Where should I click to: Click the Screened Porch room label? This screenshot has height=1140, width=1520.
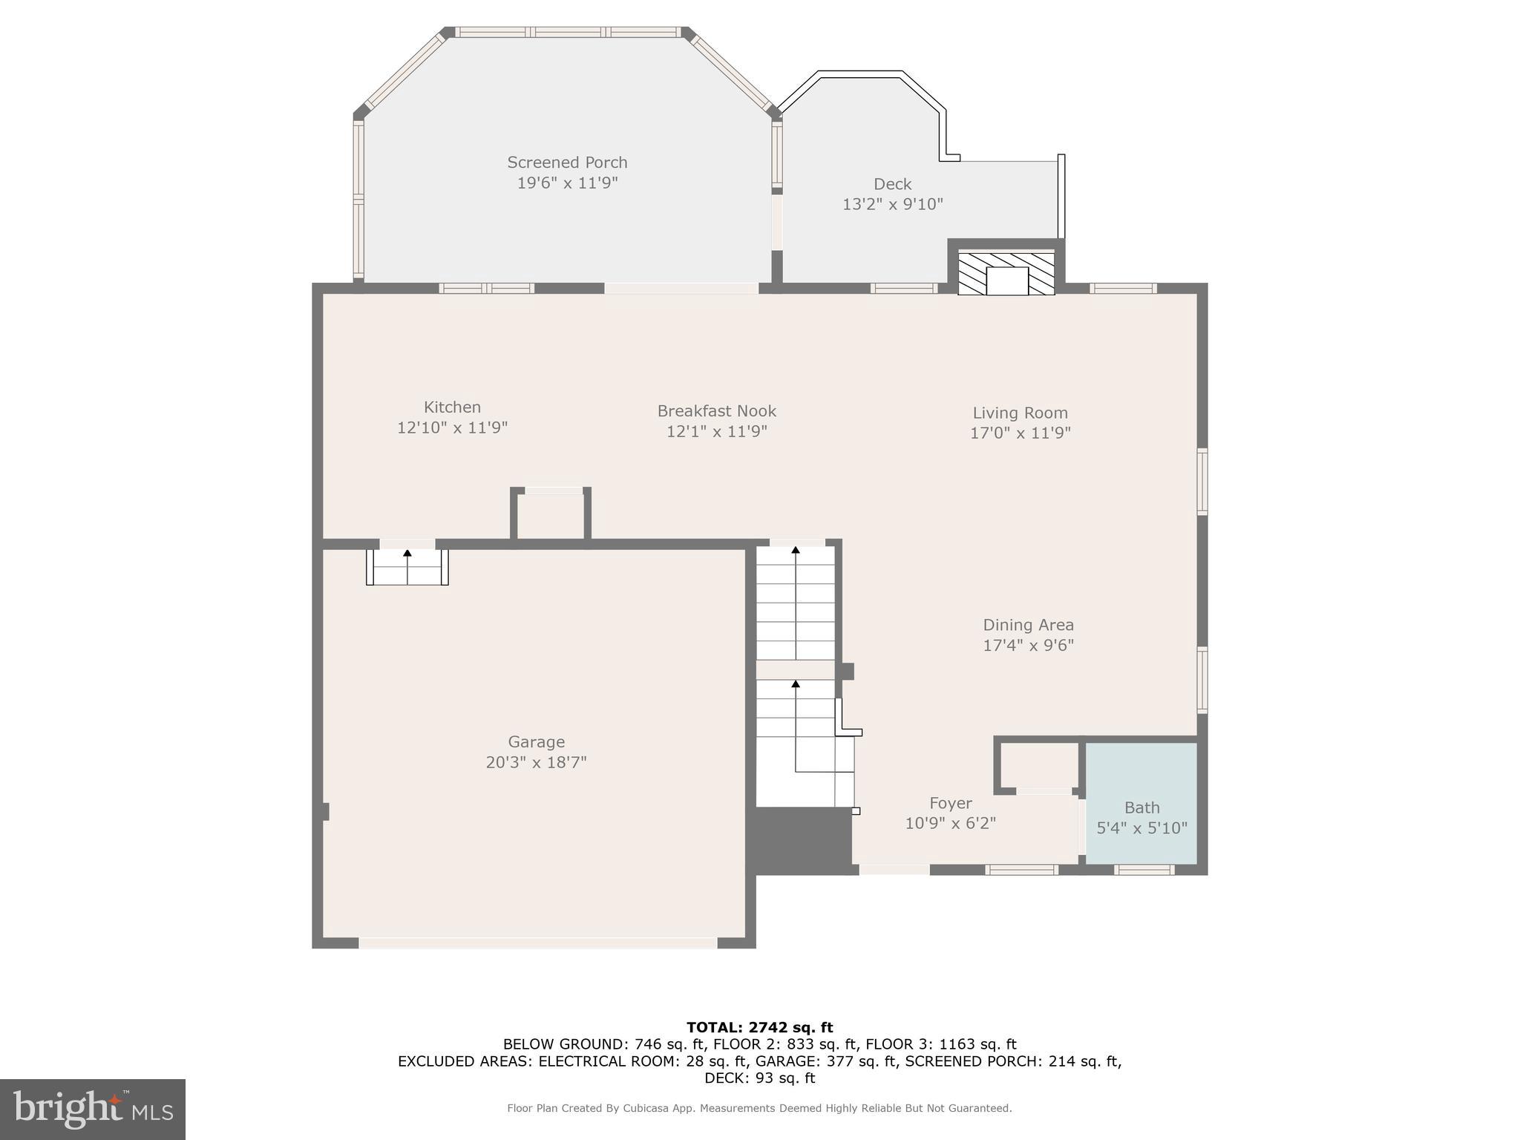pyautogui.click(x=567, y=163)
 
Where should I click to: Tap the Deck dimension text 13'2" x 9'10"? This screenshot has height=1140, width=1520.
pyautogui.click(x=892, y=204)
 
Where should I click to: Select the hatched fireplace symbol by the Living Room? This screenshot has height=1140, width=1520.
pyautogui.click(x=1006, y=274)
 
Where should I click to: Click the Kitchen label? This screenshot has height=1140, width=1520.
pyautogui.click(x=452, y=407)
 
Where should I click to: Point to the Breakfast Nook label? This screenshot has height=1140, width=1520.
pyautogui.click(x=716, y=411)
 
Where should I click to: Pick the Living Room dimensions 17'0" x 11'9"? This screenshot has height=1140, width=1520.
pyautogui.click(x=1020, y=433)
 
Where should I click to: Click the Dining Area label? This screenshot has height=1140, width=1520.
pyautogui.click(x=1028, y=625)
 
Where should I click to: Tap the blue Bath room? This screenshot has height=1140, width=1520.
pyautogui.click(x=1141, y=802)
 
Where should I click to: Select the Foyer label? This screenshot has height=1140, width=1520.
pyautogui.click(x=950, y=804)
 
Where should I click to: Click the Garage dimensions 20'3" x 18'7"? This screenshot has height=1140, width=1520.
pyautogui.click(x=536, y=762)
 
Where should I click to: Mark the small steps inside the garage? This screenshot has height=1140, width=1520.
pyautogui.click(x=407, y=567)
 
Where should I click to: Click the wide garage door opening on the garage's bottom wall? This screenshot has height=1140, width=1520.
pyautogui.click(x=537, y=943)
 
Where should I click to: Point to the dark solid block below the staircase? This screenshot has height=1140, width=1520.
pyautogui.click(x=802, y=841)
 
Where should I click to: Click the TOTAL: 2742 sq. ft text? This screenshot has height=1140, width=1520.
pyautogui.click(x=759, y=1028)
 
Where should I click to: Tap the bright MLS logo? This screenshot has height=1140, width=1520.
pyautogui.click(x=93, y=1109)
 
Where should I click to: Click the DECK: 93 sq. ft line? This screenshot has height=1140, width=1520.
pyautogui.click(x=759, y=1078)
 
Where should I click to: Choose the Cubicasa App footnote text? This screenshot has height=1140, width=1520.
pyautogui.click(x=759, y=1108)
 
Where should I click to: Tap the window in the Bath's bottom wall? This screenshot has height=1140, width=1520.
pyautogui.click(x=1144, y=870)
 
